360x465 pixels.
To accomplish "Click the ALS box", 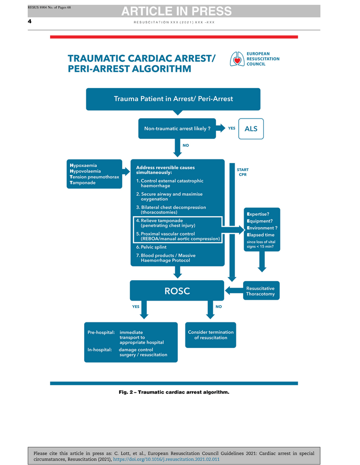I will pos(250,129).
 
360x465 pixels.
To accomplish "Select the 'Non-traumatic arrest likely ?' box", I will pos(177,129).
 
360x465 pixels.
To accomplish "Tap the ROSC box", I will pos(177,291).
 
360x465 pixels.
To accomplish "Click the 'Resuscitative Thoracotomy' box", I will pos(260,291).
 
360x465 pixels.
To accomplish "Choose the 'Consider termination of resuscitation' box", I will pos(210,335).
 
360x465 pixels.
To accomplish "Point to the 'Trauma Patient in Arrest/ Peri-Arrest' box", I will pos(173,99).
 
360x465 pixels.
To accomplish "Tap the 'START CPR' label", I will pos(242,172).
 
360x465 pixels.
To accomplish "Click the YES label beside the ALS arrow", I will pos(231,129).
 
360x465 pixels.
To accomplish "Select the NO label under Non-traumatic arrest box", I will pos(185,145).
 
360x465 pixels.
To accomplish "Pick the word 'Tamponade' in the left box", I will pos(83,183).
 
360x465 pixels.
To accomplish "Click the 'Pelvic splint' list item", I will pos(151,247).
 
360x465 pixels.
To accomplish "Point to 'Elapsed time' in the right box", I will pos(260,235).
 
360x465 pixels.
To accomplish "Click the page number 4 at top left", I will pos(30,21).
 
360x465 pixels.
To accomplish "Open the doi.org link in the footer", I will pos(166,460).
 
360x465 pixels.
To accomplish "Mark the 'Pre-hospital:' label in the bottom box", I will pos(101,332).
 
